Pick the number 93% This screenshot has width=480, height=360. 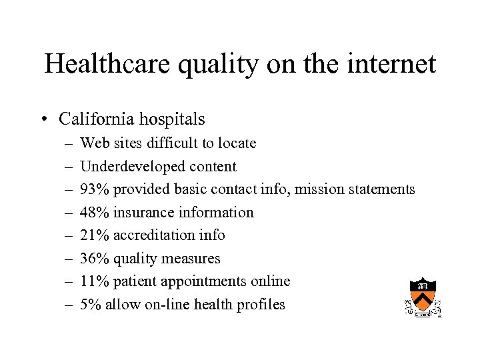[94, 189]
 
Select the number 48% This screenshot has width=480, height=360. [94, 213]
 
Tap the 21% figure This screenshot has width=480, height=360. [94, 235]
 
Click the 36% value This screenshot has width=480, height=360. [94, 259]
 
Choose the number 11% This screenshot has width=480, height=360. [94, 281]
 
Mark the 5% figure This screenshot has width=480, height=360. [90, 305]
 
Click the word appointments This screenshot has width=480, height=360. [204, 282]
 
